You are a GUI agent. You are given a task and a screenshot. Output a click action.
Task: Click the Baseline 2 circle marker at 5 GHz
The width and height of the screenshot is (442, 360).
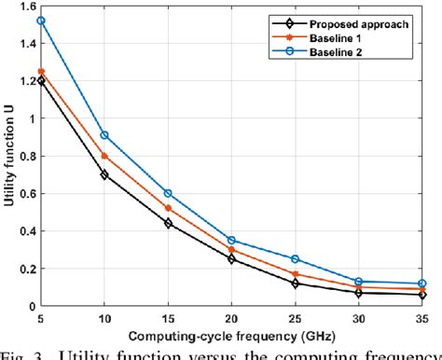coord(41,21)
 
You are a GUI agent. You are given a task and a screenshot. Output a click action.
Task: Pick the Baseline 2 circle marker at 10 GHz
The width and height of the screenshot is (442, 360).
coord(104,135)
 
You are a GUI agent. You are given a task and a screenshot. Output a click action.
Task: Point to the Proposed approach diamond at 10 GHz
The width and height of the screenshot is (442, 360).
coord(104,174)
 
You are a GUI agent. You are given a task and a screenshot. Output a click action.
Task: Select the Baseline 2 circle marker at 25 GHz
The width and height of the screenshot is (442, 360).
coord(296,259)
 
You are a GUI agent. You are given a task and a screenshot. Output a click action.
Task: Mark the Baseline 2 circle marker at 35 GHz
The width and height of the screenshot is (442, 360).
coord(422,284)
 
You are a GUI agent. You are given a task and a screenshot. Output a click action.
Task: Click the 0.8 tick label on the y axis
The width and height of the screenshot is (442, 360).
coord(25,157)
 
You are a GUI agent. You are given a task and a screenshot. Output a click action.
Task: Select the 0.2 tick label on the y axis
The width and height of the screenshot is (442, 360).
coord(25,269)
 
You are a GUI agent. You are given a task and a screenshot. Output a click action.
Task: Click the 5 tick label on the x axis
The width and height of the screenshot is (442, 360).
coord(41,317)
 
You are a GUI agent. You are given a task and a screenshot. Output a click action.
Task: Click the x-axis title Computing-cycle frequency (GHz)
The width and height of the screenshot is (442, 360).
coord(232,333)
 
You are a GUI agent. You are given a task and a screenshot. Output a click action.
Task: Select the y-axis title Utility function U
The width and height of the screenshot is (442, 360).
coord(8,156)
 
